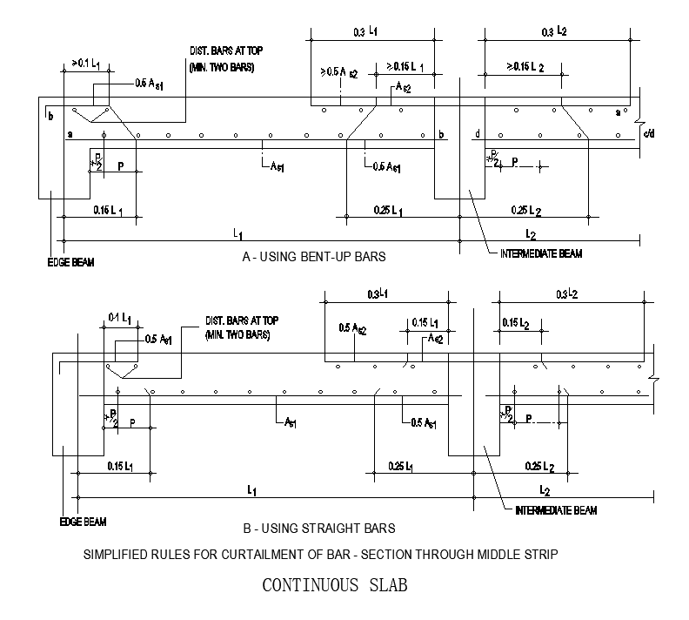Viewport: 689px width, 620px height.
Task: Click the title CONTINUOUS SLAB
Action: coord(335,585)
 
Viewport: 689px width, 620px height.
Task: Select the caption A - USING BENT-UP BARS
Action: coord(313,257)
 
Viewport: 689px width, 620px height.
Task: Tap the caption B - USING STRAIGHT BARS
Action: coord(320,528)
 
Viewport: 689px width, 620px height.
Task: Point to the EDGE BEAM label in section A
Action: coord(70,262)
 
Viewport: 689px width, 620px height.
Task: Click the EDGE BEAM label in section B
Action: coord(83,522)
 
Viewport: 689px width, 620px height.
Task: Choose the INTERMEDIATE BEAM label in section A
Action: coord(541,253)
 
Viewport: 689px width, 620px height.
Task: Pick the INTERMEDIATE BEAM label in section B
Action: coord(557,510)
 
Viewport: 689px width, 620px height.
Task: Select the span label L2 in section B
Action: coord(545,490)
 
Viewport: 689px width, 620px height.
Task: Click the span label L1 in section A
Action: coord(237,232)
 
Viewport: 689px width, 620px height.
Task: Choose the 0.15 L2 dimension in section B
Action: coord(517,323)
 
